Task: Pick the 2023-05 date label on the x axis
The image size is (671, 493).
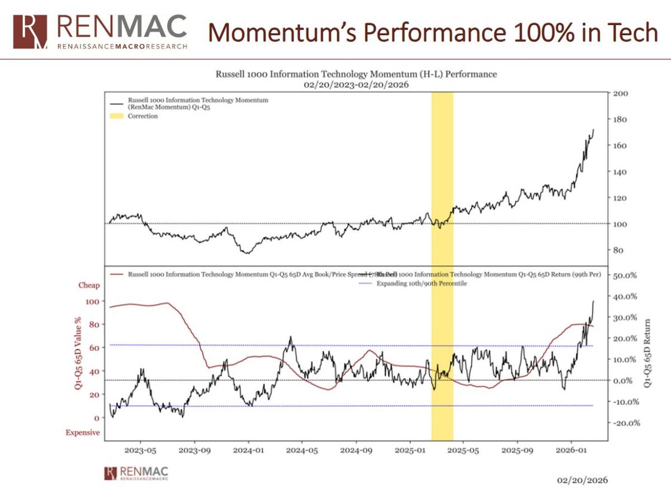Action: [140, 449]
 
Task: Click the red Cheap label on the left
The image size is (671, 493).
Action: [89, 285]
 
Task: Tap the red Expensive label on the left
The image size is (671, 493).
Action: [83, 433]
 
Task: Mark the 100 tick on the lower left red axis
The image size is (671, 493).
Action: [94, 301]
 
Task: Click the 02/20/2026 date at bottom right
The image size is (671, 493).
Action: [583, 481]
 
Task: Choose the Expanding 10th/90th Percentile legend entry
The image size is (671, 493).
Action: [422, 284]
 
